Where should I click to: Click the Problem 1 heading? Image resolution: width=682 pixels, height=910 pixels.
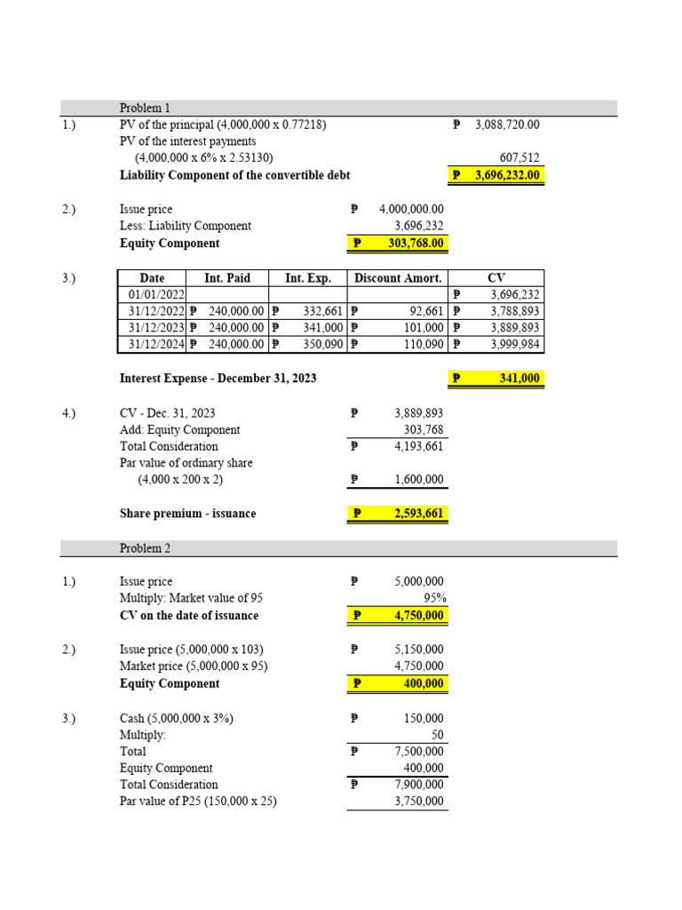point(145,108)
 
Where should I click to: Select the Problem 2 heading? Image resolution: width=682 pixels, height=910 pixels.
point(145,548)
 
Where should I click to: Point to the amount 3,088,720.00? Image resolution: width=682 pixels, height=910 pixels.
point(507,125)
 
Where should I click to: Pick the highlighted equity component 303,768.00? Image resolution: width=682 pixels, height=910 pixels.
point(410,243)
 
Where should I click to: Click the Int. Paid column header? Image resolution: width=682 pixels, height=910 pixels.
point(227,278)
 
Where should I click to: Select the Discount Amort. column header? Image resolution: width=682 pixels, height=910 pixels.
point(398,278)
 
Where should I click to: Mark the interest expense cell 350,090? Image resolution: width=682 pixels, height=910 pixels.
point(323,346)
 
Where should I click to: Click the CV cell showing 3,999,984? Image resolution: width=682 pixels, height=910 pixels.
point(515,346)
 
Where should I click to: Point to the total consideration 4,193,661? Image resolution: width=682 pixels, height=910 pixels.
point(418,446)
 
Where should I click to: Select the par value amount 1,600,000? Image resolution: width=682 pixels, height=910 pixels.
point(418,480)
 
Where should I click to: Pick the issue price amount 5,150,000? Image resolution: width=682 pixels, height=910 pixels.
point(419,650)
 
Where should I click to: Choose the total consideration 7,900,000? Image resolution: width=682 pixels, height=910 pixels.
point(419,785)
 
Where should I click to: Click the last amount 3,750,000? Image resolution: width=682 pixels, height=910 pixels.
point(419,802)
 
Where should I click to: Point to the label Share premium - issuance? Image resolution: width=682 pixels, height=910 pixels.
point(187,514)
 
